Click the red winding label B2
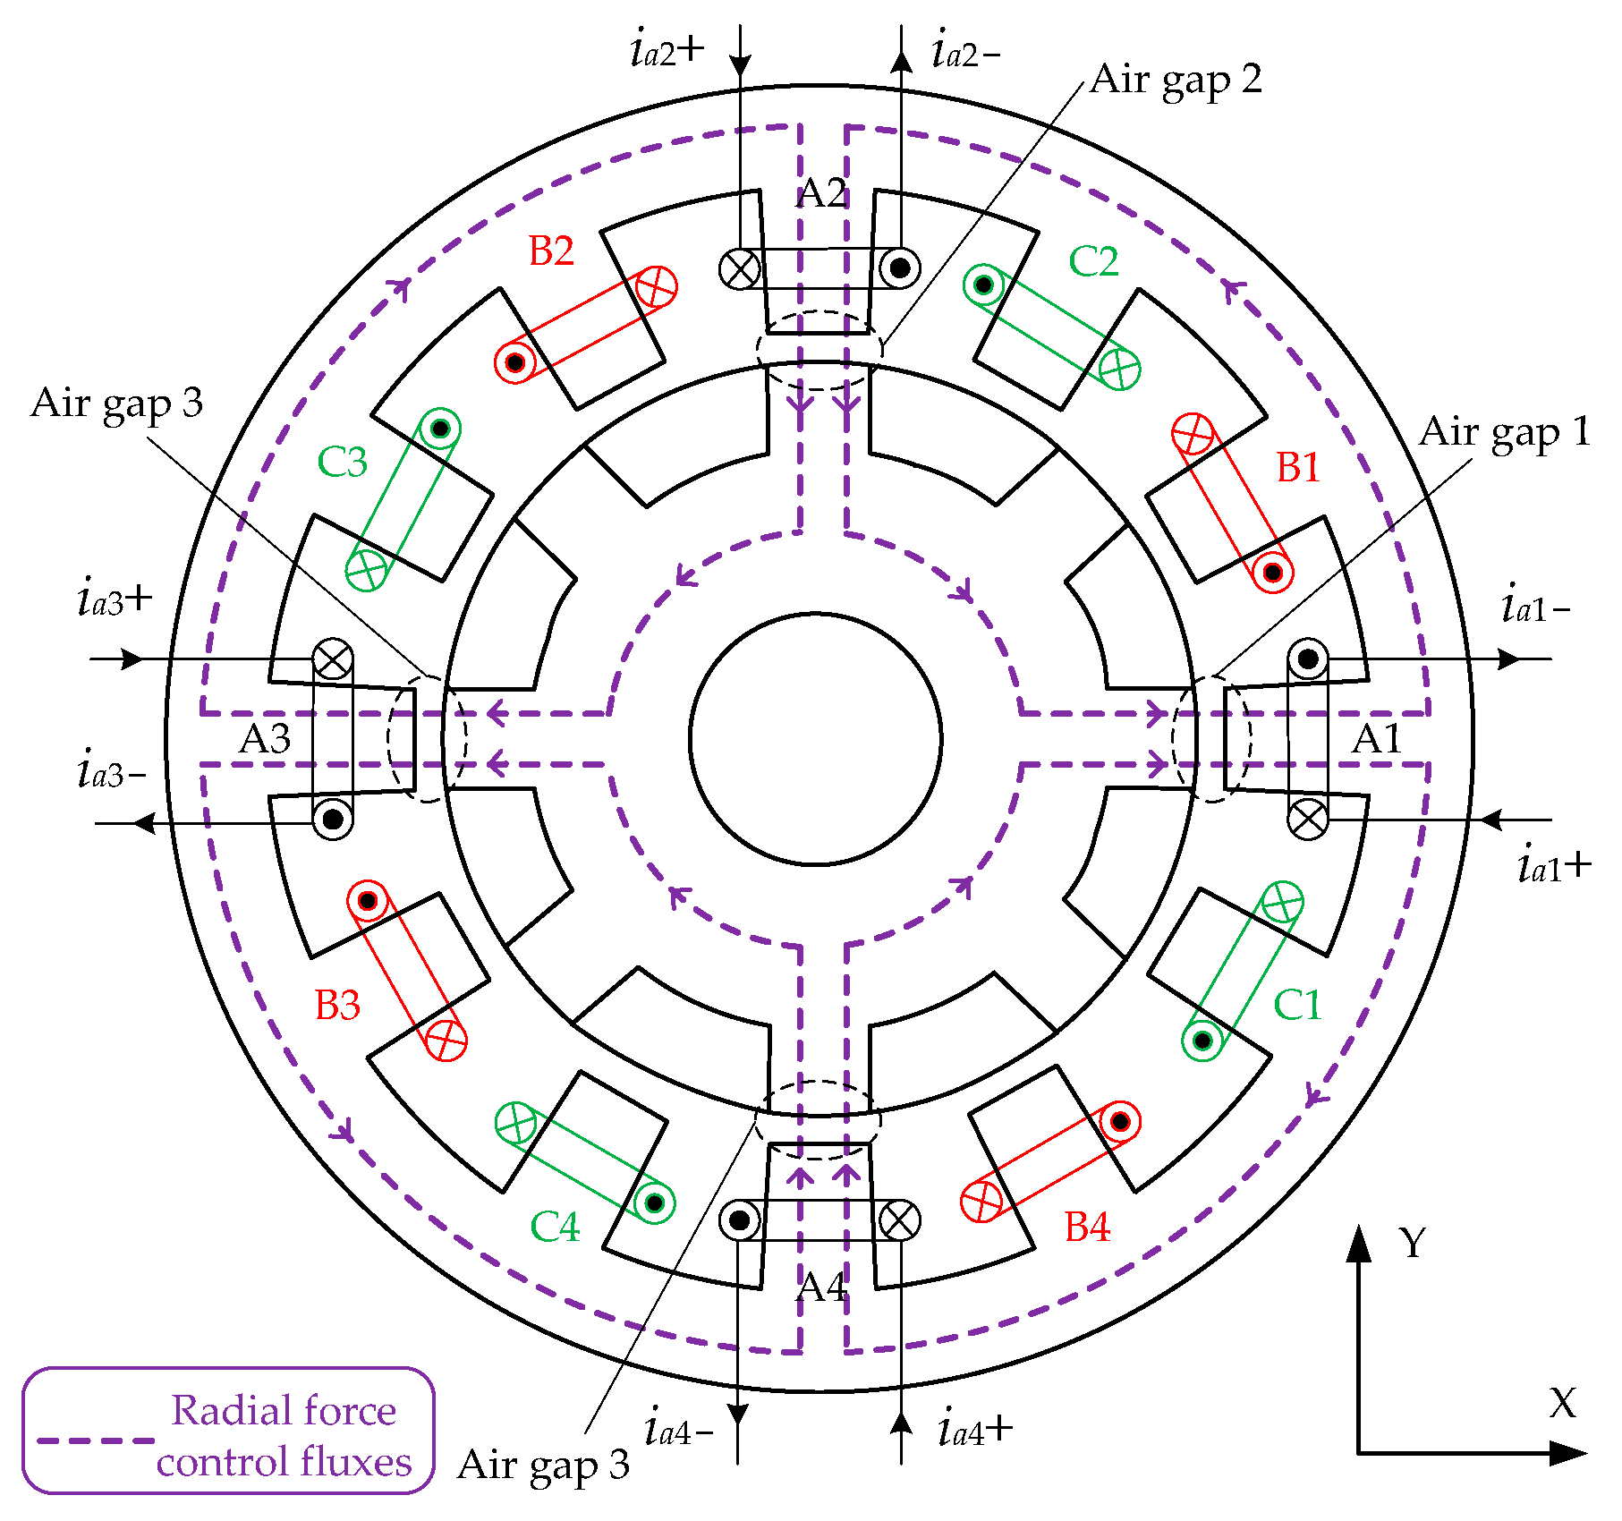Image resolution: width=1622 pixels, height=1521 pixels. tap(551, 251)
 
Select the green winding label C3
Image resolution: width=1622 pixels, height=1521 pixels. tap(342, 463)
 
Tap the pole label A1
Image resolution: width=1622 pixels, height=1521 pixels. tap(1376, 740)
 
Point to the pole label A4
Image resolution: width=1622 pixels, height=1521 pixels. tap(821, 1287)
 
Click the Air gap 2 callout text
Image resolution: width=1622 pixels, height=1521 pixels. tap(1176, 81)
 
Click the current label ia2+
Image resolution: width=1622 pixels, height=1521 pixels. tap(667, 50)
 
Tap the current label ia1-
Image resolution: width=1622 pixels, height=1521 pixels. tap(1535, 608)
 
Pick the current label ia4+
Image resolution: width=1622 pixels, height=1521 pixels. tap(975, 1430)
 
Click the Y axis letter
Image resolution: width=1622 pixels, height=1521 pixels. tap(1413, 1243)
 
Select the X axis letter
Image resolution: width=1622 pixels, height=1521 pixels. tap(1562, 1404)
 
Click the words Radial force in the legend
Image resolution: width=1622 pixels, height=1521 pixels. tap(284, 1411)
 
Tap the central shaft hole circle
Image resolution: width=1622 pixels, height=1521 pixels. tap(815, 739)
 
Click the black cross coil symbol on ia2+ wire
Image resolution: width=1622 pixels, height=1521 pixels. tap(740, 268)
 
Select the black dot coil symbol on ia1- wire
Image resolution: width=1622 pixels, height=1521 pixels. tap(1308, 659)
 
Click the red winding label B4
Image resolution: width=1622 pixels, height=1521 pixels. tap(1087, 1227)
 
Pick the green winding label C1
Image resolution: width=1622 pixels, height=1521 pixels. tap(1296, 1005)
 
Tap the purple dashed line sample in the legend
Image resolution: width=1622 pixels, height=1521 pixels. tap(94, 1441)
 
